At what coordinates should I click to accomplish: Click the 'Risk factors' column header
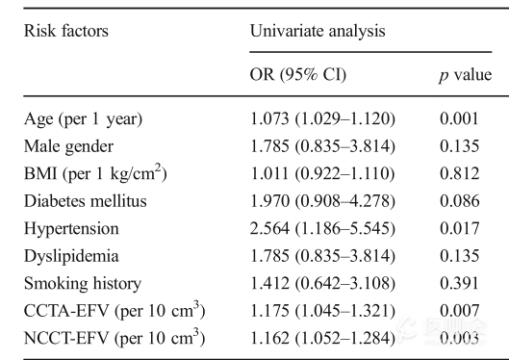[65, 31]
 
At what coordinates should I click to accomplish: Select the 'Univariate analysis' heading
[317, 31]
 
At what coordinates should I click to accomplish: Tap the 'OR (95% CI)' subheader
[298, 75]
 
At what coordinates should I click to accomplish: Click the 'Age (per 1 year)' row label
[83, 119]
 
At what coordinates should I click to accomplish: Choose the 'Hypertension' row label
[71, 230]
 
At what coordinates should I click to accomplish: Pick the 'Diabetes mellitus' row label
[84, 202]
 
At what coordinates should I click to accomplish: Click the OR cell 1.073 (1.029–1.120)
[323, 119]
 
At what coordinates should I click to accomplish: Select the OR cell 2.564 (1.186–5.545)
[323, 230]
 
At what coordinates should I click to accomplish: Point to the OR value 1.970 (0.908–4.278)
[323, 202]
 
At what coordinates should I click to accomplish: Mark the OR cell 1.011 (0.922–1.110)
[323, 175]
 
